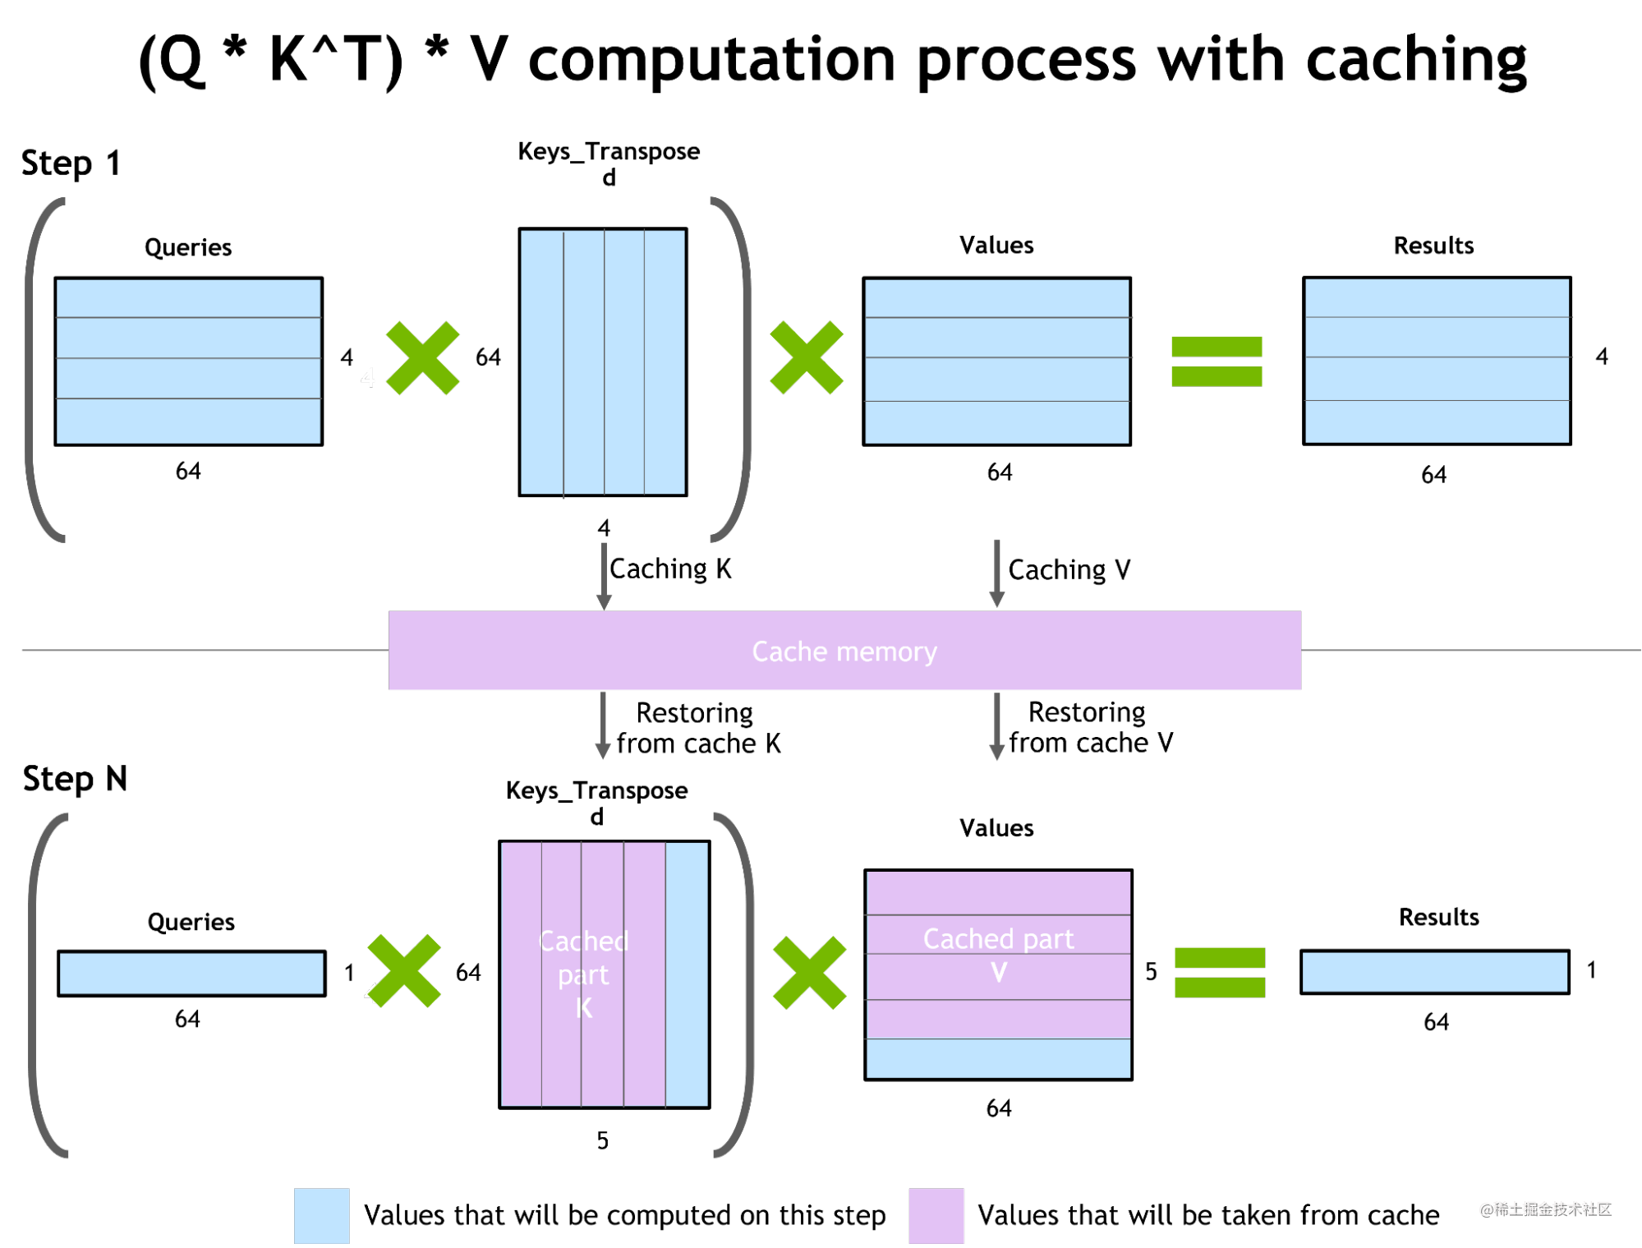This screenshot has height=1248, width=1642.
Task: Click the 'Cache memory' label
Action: click(x=844, y=652)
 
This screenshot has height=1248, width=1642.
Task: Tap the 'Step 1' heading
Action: click(x=71, y=163)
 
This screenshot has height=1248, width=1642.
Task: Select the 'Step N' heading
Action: click(x=75, y=778)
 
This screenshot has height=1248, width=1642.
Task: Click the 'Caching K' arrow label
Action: click(x=670, y=569)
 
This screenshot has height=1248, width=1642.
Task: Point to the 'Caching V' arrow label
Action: click(x=1069, y=569)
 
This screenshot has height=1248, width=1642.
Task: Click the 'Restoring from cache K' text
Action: click(x=698, y=728)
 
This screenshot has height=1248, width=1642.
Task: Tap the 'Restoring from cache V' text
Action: click(x=1091, y=727)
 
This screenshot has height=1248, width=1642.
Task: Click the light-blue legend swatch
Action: click(x=322, y=1215)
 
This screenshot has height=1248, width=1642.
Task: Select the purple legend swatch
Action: click(x=936, y=1215)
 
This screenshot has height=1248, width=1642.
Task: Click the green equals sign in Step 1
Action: click(x=1217, y=362)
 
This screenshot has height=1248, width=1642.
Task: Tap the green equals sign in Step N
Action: click(x=1220, y=973)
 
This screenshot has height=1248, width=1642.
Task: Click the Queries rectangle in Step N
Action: click(x=191, y=974)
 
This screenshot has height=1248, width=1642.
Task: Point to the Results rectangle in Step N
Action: click(x=1435, y=972)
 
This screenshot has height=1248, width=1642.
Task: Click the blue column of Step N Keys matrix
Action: click(x=688, y=974)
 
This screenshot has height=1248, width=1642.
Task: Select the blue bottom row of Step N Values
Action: click(x=998, y=1059)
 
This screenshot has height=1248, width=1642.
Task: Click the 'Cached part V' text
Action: click(x=999, y=955)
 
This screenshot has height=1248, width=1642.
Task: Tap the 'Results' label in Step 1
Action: click(x=1433, y=246)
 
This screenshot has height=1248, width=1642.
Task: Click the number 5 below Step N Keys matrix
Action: click(x=603, y=1140)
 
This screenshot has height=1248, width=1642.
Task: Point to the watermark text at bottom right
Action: click(x=1545, y=1209)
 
